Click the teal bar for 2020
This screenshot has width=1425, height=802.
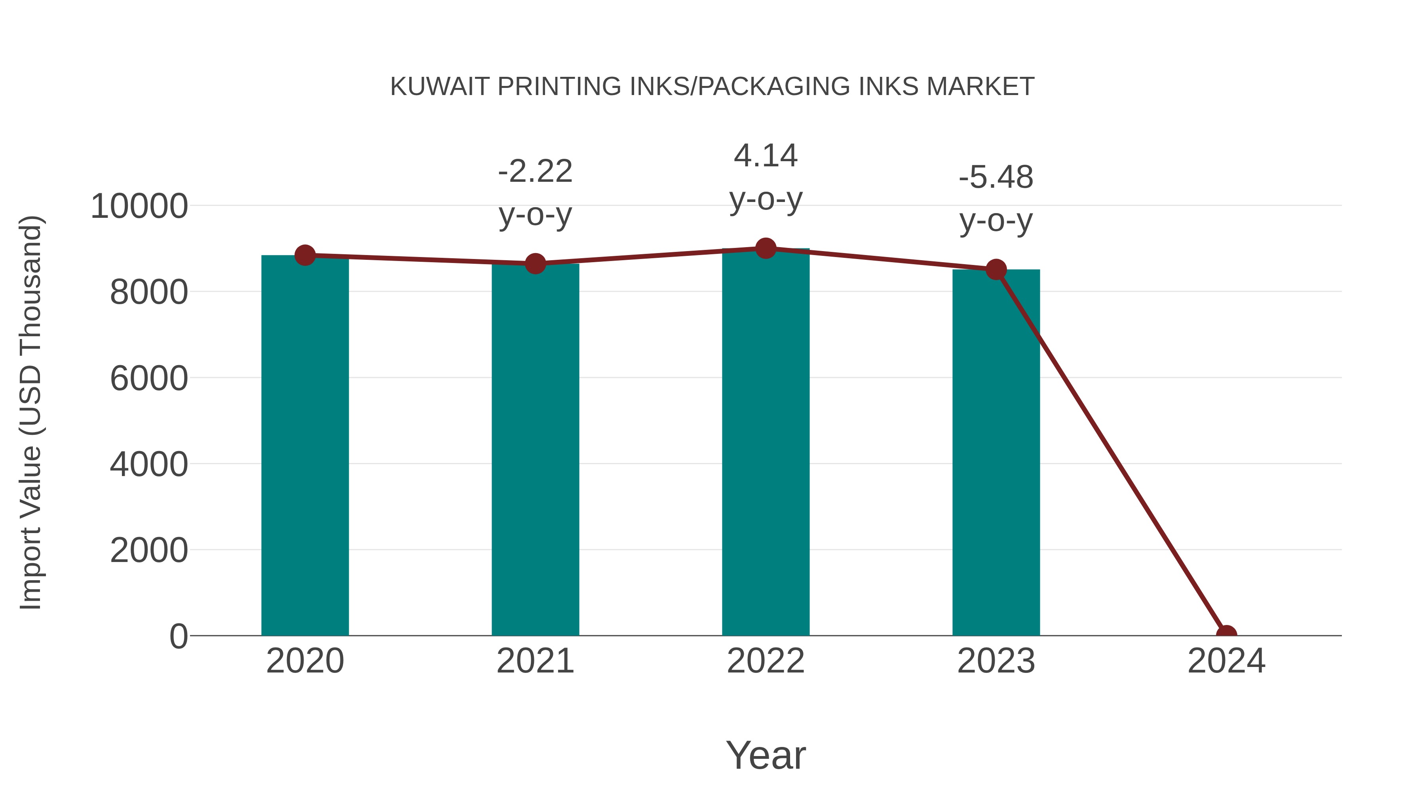coord(305,446)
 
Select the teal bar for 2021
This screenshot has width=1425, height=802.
coord(535,450)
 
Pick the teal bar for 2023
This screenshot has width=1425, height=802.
coord(996,453)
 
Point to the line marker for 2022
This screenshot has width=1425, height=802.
coord(766,248)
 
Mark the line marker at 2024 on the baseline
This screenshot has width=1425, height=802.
coord(1226,634)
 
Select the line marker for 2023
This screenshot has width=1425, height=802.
coord(996,270)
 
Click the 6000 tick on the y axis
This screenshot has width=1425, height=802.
coord(149,379)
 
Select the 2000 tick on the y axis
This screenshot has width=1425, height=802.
coord(149,551)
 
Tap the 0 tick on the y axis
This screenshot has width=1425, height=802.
coord(178,636)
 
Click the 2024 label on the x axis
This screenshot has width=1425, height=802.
coord(1226,661)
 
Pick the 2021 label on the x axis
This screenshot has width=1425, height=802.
coord(535,661)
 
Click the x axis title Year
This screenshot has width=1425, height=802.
coord(766,755)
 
